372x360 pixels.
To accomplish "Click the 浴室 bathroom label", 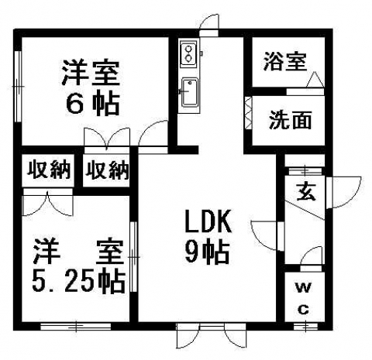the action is [285, 62].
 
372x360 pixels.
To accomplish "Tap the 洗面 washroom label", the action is [290, 120].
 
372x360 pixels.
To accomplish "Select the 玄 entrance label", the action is [307, 192].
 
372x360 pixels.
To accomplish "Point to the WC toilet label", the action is [304, 298].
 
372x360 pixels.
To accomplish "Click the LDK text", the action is [208, 221].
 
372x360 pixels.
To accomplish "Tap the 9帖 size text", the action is [207, 253].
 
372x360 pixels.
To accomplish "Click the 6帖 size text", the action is [92, 105].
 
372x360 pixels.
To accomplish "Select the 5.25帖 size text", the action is [79, 281].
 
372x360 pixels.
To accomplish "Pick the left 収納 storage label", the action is [49, 170].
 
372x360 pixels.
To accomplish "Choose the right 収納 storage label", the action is [107, 170].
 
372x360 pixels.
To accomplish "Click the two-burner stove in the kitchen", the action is [188, 53].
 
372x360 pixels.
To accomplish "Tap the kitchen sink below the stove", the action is [190, 92].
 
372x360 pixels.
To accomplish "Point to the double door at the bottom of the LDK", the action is [211, 336].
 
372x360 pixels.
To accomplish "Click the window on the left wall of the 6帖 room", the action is [18, 87].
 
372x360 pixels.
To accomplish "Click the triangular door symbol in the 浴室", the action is [315, 80].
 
